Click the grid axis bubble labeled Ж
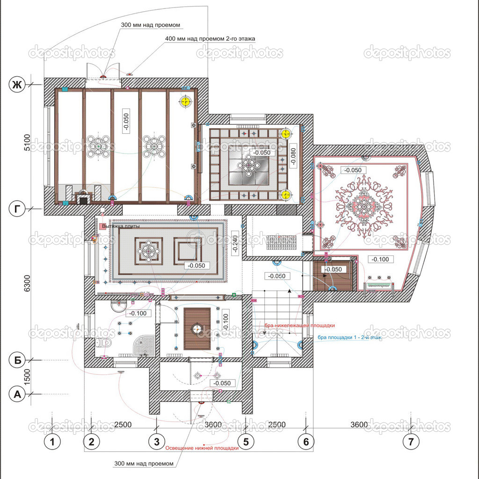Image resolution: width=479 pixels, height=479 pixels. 18,85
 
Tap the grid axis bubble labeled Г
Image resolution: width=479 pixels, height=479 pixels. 18,209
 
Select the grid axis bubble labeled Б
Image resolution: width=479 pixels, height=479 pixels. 18,360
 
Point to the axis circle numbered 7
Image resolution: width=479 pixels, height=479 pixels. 411,441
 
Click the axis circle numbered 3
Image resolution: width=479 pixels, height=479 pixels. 156,441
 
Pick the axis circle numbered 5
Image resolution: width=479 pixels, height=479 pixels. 246,441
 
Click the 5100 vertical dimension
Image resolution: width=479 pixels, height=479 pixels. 27,144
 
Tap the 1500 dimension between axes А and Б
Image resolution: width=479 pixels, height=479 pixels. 27,377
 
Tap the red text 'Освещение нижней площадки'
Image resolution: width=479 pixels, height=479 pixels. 202,448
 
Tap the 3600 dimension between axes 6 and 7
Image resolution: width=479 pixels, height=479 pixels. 359,425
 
